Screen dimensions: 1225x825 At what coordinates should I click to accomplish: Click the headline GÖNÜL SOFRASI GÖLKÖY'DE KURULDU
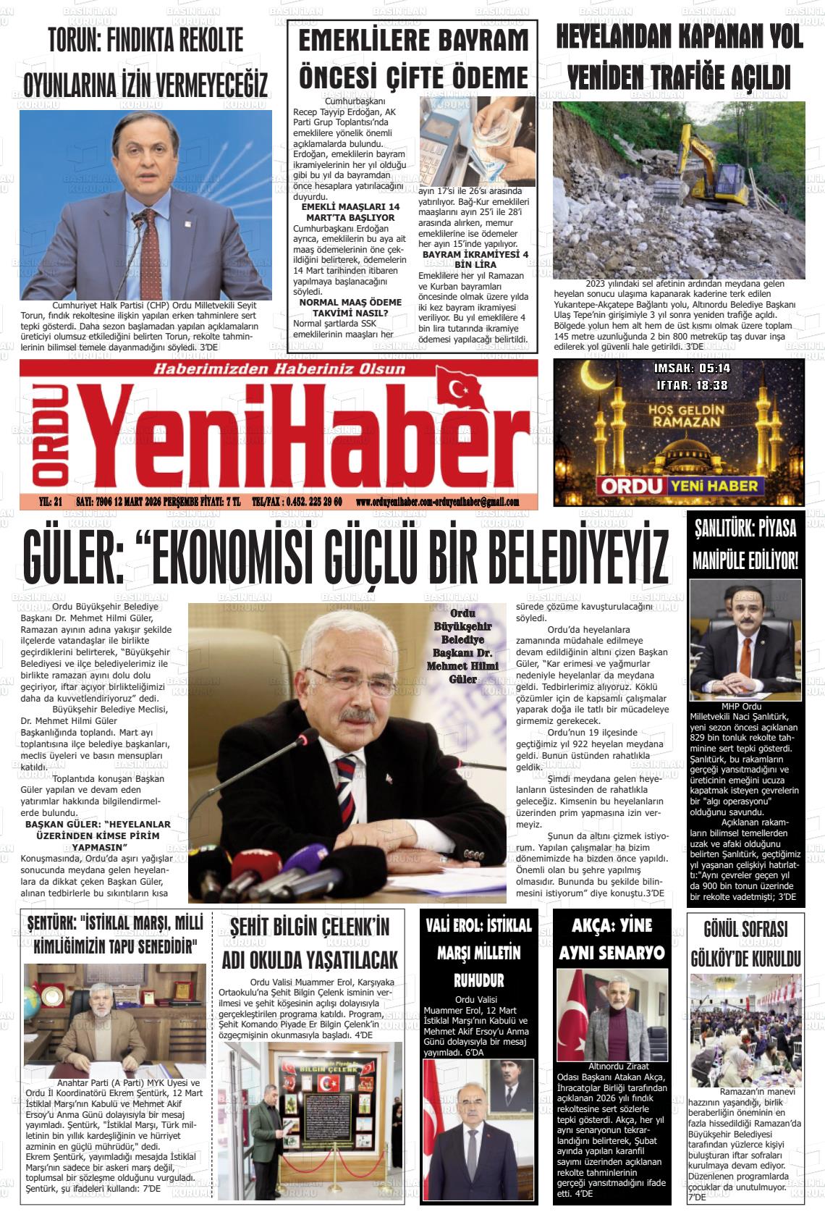pyautogui.click(x=744, y=944)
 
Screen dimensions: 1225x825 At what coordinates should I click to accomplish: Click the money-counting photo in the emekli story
pyautogui.click(x=477, y=142)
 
